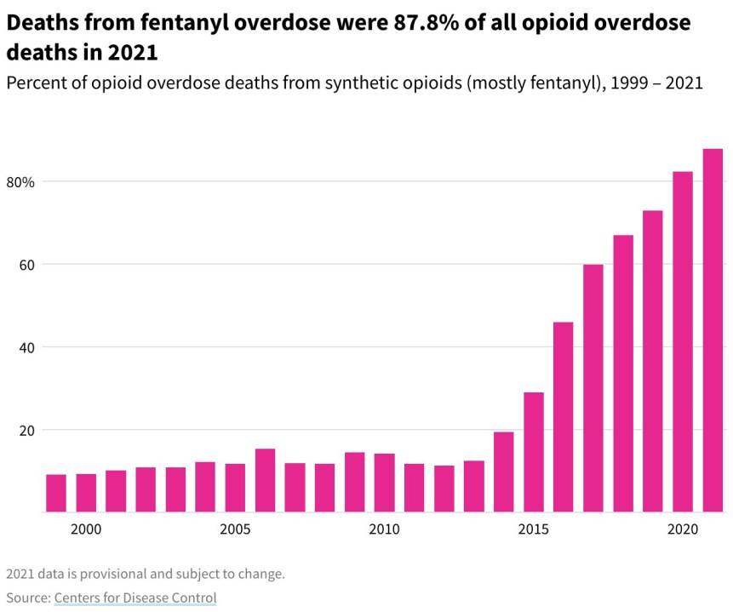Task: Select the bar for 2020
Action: (683, 341)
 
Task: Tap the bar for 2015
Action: (534, 452)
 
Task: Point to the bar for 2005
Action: (235, 488)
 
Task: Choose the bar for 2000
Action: (86, 493)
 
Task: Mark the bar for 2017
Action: (593, 388)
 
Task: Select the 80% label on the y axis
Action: (21, 182)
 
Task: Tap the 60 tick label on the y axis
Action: (26, 265)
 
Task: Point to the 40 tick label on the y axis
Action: (26, 347)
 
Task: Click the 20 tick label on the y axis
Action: (26, 430)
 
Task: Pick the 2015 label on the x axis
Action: (534, 530)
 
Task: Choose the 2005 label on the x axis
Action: (235, 530)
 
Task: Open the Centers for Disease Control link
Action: (135, 598)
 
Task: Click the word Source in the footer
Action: (26, 598)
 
